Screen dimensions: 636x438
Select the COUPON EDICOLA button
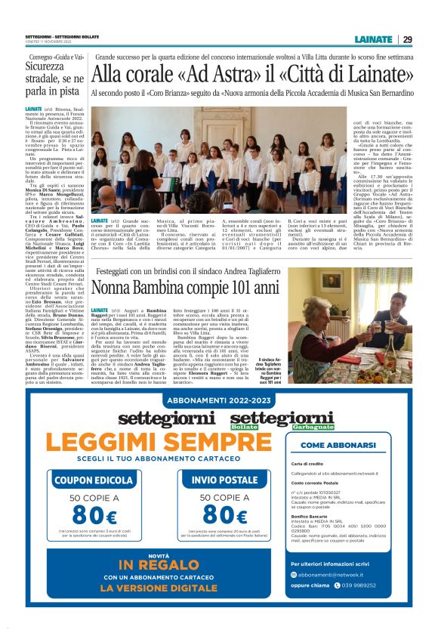coord(94,480)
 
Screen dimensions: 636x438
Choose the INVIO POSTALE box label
coord(226,480)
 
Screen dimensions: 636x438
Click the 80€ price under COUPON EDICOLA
coord(94,515)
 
